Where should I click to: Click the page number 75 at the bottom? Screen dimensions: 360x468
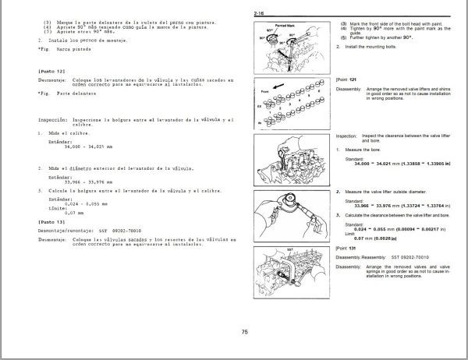point(244,332)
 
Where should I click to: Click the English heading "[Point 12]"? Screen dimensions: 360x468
point(346,79)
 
